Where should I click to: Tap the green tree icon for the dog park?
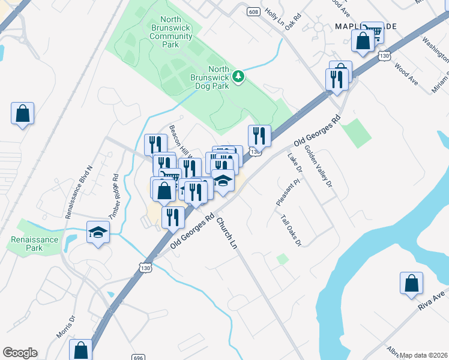tap(239, 76)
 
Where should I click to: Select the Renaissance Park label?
tap(35, 243)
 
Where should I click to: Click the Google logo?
tap(20, 353)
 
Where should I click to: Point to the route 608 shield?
tap(253, 11)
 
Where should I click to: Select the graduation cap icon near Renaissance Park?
tap(98, 232)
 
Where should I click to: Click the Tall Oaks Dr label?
tap(291, 230)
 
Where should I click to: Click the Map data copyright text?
tap(423, 355)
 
